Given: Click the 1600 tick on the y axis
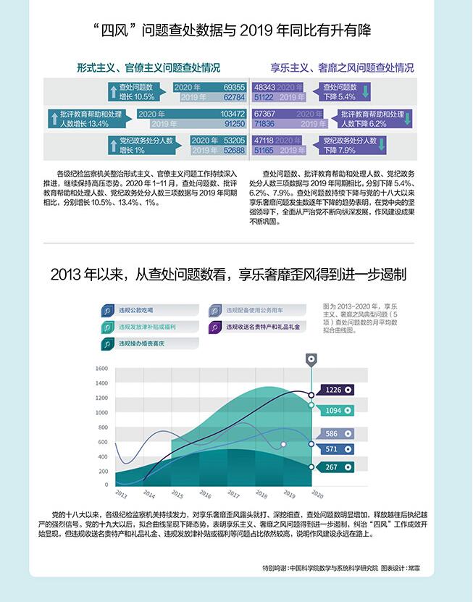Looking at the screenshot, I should [x=101, y=369].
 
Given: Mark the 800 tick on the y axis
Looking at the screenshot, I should [x=103, y=427].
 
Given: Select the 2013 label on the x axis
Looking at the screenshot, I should [x=121, y=495].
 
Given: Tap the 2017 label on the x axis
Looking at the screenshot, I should [x=233, y=495].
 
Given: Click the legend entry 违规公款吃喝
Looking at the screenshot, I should [x=137, y=310].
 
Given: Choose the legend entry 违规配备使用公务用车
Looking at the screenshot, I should [x=251, y=310].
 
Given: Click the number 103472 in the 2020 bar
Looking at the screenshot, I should [x=232, y=114].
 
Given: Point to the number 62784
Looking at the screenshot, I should [x=234, y=96].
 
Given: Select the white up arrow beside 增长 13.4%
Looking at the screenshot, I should [x=53, y=119].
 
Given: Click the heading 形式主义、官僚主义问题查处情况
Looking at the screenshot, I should [x=148, y=67].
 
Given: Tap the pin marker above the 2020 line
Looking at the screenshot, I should [x=311, y=359].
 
